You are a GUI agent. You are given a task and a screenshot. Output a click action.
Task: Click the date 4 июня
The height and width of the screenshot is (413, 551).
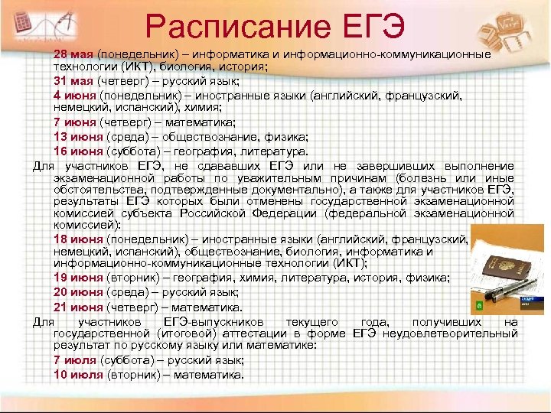pyautogui.click(x=74, y=95)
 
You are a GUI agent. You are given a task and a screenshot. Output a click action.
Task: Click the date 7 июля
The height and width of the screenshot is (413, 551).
pyautogui.click(x=75, y=361)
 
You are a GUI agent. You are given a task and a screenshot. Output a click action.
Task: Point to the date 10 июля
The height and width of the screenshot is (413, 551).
pyautogui.click(x=77, y=375)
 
